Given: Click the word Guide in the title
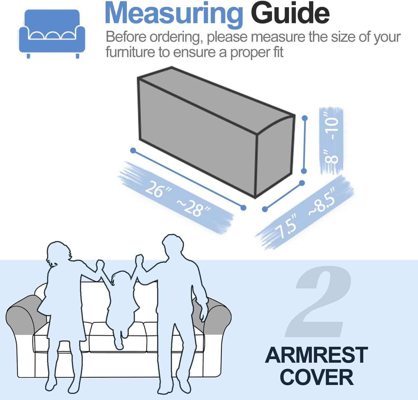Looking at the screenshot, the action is [x=290, y=13].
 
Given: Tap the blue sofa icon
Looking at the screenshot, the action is [x=52, y=34].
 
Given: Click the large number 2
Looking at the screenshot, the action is [x=318, y=301].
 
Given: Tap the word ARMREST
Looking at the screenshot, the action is [x=316, y=355].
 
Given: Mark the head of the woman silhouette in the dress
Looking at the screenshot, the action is [x=58, y=253].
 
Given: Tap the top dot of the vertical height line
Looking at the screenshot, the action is [x=305, y=118].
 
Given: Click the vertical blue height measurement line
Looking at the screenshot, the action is [x=304, y=145].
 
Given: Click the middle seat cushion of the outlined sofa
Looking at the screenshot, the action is [x=118, y=337].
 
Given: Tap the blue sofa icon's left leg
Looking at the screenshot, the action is [x=28, y=56].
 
